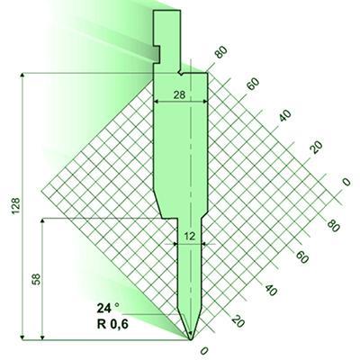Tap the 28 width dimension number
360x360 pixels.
pyautogui.click(x=180, y=94)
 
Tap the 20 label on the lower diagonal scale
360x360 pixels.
pyautogui.click(x=237, y=319)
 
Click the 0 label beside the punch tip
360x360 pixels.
pyautogui.click(x=204, y=350)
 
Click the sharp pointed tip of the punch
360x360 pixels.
pyautogui.click(x=190, y=338)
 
